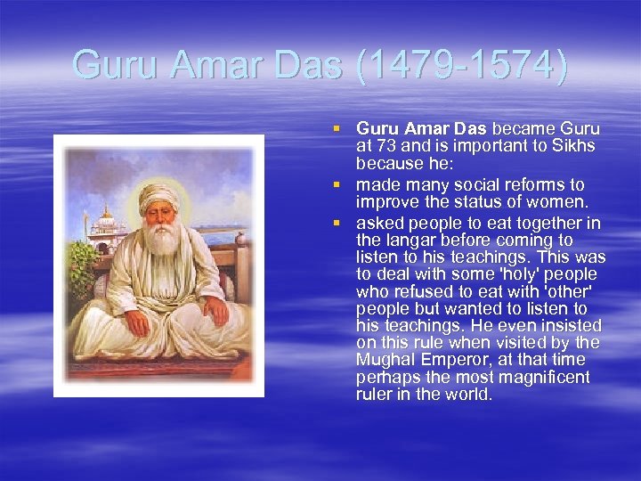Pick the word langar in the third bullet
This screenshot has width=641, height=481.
(x=410, y=240)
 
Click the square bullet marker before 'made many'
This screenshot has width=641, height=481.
(x=337, y=184)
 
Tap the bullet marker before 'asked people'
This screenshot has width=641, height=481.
(x=337, y=223)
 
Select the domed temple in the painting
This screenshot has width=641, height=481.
(x=107, y=221)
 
